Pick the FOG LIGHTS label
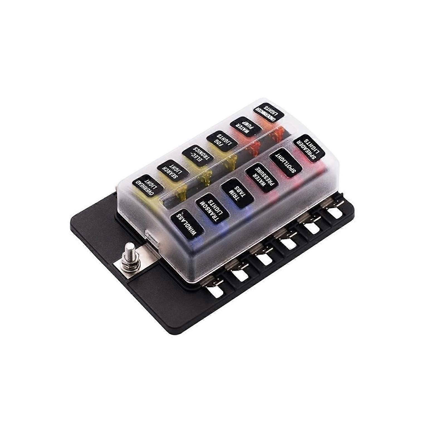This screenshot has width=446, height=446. tap(221, 142)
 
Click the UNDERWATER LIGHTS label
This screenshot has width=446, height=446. tap(269, 114)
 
